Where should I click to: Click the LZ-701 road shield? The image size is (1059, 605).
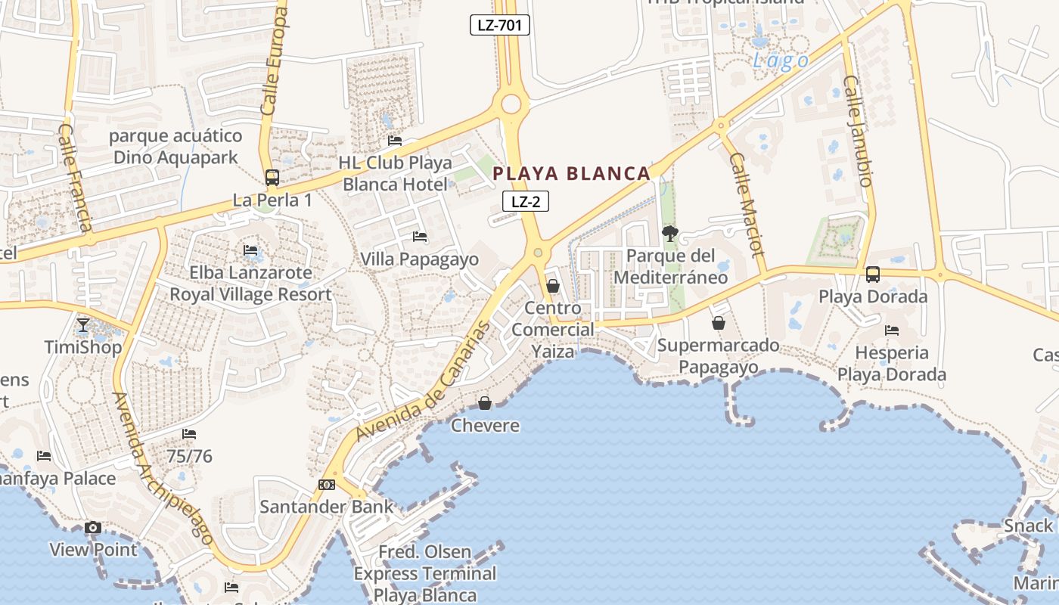pos(499,25)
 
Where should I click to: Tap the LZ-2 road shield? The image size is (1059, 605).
pos(526,201)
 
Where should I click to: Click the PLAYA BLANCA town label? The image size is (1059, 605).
pos(571,174)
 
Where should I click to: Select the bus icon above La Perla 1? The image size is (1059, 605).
pos(272,178)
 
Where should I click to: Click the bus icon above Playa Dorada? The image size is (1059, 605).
pos(872,275)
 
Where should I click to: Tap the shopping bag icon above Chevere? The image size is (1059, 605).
pos(485,403)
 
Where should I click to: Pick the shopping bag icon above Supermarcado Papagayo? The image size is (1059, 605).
pos(718,323)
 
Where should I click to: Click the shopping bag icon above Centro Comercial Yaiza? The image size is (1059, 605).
pos(553,286)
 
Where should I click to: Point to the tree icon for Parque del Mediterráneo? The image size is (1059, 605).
pos(669,234)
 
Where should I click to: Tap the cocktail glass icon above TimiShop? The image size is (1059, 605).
pos(83,326)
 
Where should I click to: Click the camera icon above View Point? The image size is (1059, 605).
pos(93,528)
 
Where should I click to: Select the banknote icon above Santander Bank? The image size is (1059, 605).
pos(327,484)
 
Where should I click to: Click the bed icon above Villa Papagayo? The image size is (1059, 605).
pos(420,237)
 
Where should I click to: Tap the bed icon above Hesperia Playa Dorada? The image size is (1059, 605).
pos(892,330)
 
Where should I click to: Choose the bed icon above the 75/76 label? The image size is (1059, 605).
pos(189,434)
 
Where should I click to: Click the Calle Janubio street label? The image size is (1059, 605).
pos(859,130)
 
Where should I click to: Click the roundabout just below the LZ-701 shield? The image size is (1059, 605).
pos(511,104)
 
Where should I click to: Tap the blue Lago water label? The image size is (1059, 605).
pos(781,60)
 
